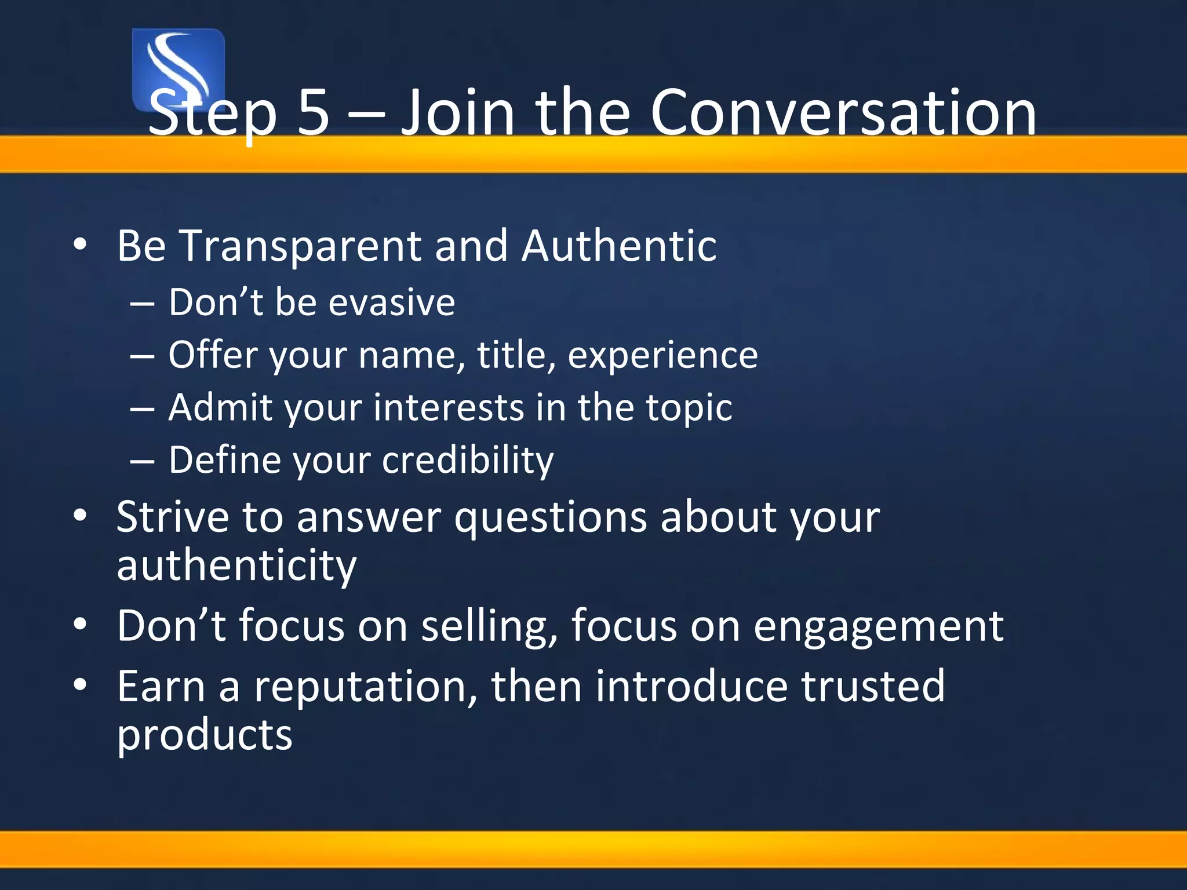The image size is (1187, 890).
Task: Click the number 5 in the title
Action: [x=314, y=112]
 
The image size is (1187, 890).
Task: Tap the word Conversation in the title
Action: [x=843, y=112]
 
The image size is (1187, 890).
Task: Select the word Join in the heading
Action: [x=458, y=112]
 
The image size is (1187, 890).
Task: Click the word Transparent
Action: [x=301, y=246]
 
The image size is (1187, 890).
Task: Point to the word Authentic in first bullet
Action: [x=618, y=246]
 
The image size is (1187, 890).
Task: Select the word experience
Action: [x=662, y=355]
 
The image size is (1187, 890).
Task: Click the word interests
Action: [x=449, y=407]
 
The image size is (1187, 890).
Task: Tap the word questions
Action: [x=550, y=517]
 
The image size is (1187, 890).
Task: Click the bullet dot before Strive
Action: [x=80, y=515]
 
